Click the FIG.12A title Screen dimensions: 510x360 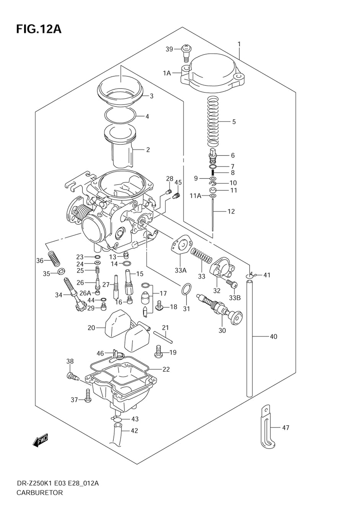point(39,29)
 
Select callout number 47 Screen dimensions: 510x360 point(285,428)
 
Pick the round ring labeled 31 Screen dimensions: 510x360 point(186,289)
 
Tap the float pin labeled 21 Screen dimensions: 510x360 point(164,337)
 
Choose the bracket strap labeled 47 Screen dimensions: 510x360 point(266,428)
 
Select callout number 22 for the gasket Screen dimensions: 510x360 point(166,369)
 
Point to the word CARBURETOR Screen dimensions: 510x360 point(40,493)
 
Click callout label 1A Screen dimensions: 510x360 point(167,73)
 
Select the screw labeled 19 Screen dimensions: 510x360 point(158,351)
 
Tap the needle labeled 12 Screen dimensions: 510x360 point(213,216)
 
